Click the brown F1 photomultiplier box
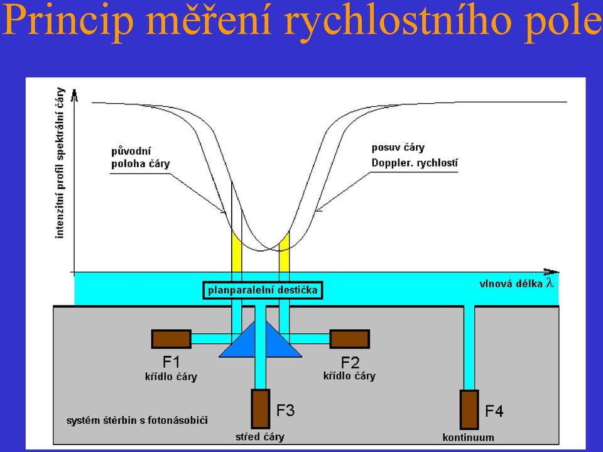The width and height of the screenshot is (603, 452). tap(171, 339)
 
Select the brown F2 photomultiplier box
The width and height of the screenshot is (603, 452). tap(350, 339)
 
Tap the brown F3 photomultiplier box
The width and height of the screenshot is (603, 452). tap(260, 409)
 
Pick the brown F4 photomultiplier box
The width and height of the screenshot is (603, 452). tap(469, 410)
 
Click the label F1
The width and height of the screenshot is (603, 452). tap(171, 362)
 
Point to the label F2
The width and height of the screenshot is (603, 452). tap(350, 363)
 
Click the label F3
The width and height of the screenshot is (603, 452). tap(285, 411)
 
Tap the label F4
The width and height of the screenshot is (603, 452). tap(494, 411)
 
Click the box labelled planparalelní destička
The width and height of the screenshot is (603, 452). tap(263, 290)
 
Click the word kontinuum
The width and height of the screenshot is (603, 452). tap(468, 438)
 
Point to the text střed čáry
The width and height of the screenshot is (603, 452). tap(260, 437)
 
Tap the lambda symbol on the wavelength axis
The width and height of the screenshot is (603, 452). tap(550, 283)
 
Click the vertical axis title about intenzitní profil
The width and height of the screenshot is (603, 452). tap(60, 163)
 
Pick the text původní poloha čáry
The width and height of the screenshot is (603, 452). tap(140, 157)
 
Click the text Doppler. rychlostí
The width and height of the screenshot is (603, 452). tap(415, 163)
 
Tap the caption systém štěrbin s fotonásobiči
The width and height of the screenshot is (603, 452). tap(137, 420)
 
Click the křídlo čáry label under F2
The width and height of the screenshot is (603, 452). tap(349, 376)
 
